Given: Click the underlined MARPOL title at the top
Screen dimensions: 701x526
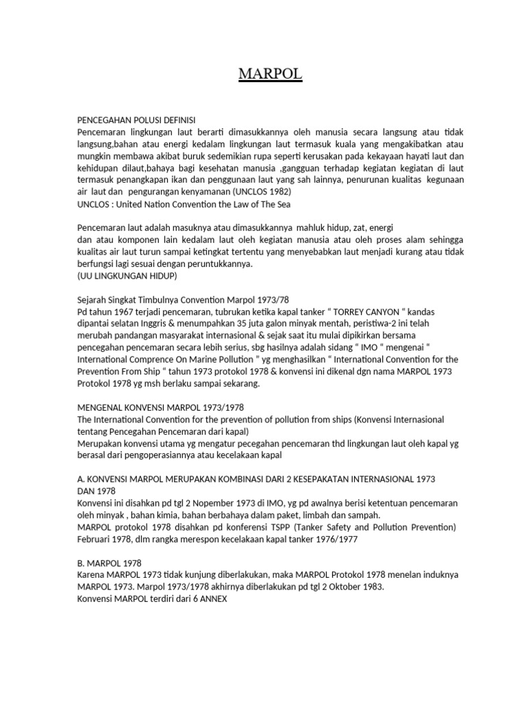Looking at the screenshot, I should coord(270,74).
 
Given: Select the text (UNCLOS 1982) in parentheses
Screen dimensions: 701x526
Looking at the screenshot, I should coord(263,192).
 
